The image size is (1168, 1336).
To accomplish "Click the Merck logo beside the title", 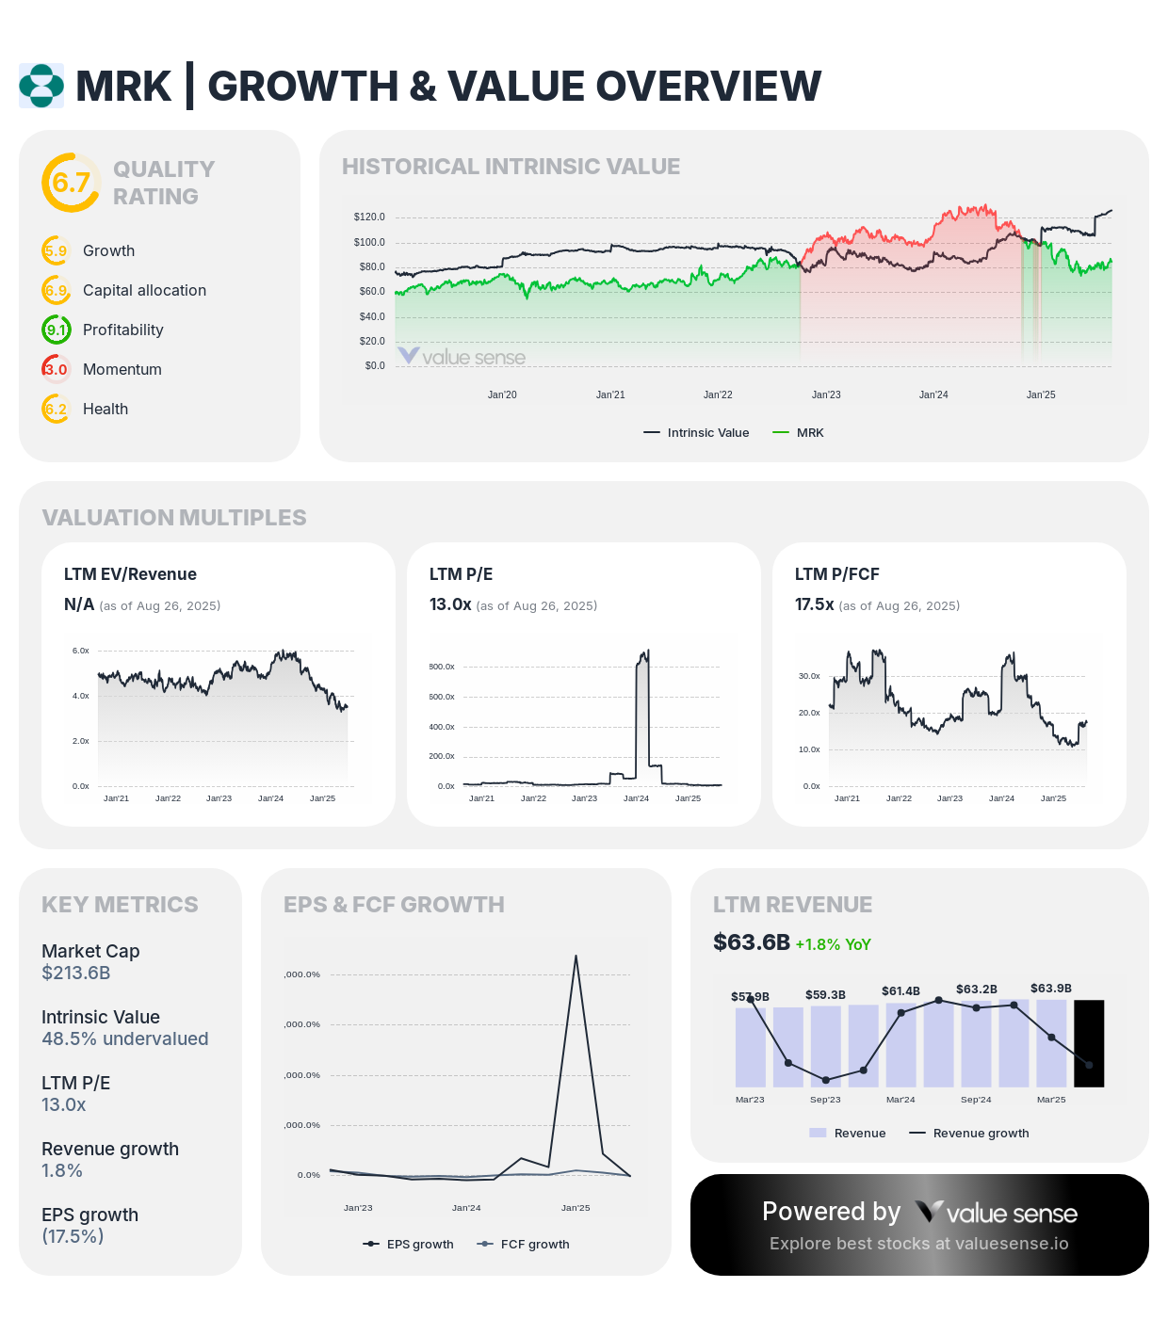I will pos(41,86).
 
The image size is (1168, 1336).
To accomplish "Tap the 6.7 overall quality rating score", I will pos(71,182).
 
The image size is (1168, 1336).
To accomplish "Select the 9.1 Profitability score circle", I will pos(57,330).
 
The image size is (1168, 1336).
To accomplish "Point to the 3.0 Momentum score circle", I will pos(57,369).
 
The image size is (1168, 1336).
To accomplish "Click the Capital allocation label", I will pos(144,290).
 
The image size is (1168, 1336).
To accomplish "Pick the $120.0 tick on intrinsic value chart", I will pos(369,217).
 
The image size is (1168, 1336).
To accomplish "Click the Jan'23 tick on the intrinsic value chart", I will pos(826,394).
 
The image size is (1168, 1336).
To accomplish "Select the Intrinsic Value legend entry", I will pos(696,433).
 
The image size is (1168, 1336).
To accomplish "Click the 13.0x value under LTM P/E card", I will pos(450,604).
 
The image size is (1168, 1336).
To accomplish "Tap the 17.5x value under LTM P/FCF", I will pos(815,604).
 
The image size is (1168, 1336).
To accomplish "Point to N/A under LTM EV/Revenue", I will pos(79,604).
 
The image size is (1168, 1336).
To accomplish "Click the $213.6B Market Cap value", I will pos(76,973).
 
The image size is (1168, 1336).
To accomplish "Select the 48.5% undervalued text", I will pos(125,1038).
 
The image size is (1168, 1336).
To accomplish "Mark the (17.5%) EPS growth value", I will pos(73,1236).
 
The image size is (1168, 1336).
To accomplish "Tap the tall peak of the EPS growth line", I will pos(576,957).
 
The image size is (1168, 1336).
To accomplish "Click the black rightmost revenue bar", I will pos(1089,1043).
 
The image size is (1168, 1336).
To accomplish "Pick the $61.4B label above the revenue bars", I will pos(900,990).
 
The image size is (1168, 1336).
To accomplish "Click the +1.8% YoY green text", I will pos(833,944).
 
